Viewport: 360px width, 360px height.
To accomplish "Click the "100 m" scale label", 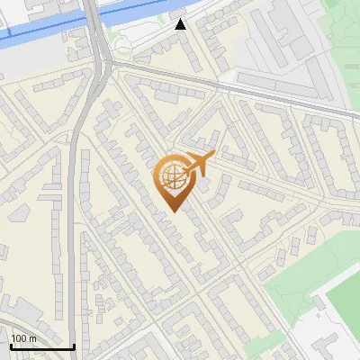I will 23,338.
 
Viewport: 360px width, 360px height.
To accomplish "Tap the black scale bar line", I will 41,346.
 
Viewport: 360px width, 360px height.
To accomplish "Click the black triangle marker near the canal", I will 181,24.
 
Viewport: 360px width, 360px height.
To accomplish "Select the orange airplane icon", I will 200,163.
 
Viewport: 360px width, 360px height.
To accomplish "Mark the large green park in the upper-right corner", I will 346,45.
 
